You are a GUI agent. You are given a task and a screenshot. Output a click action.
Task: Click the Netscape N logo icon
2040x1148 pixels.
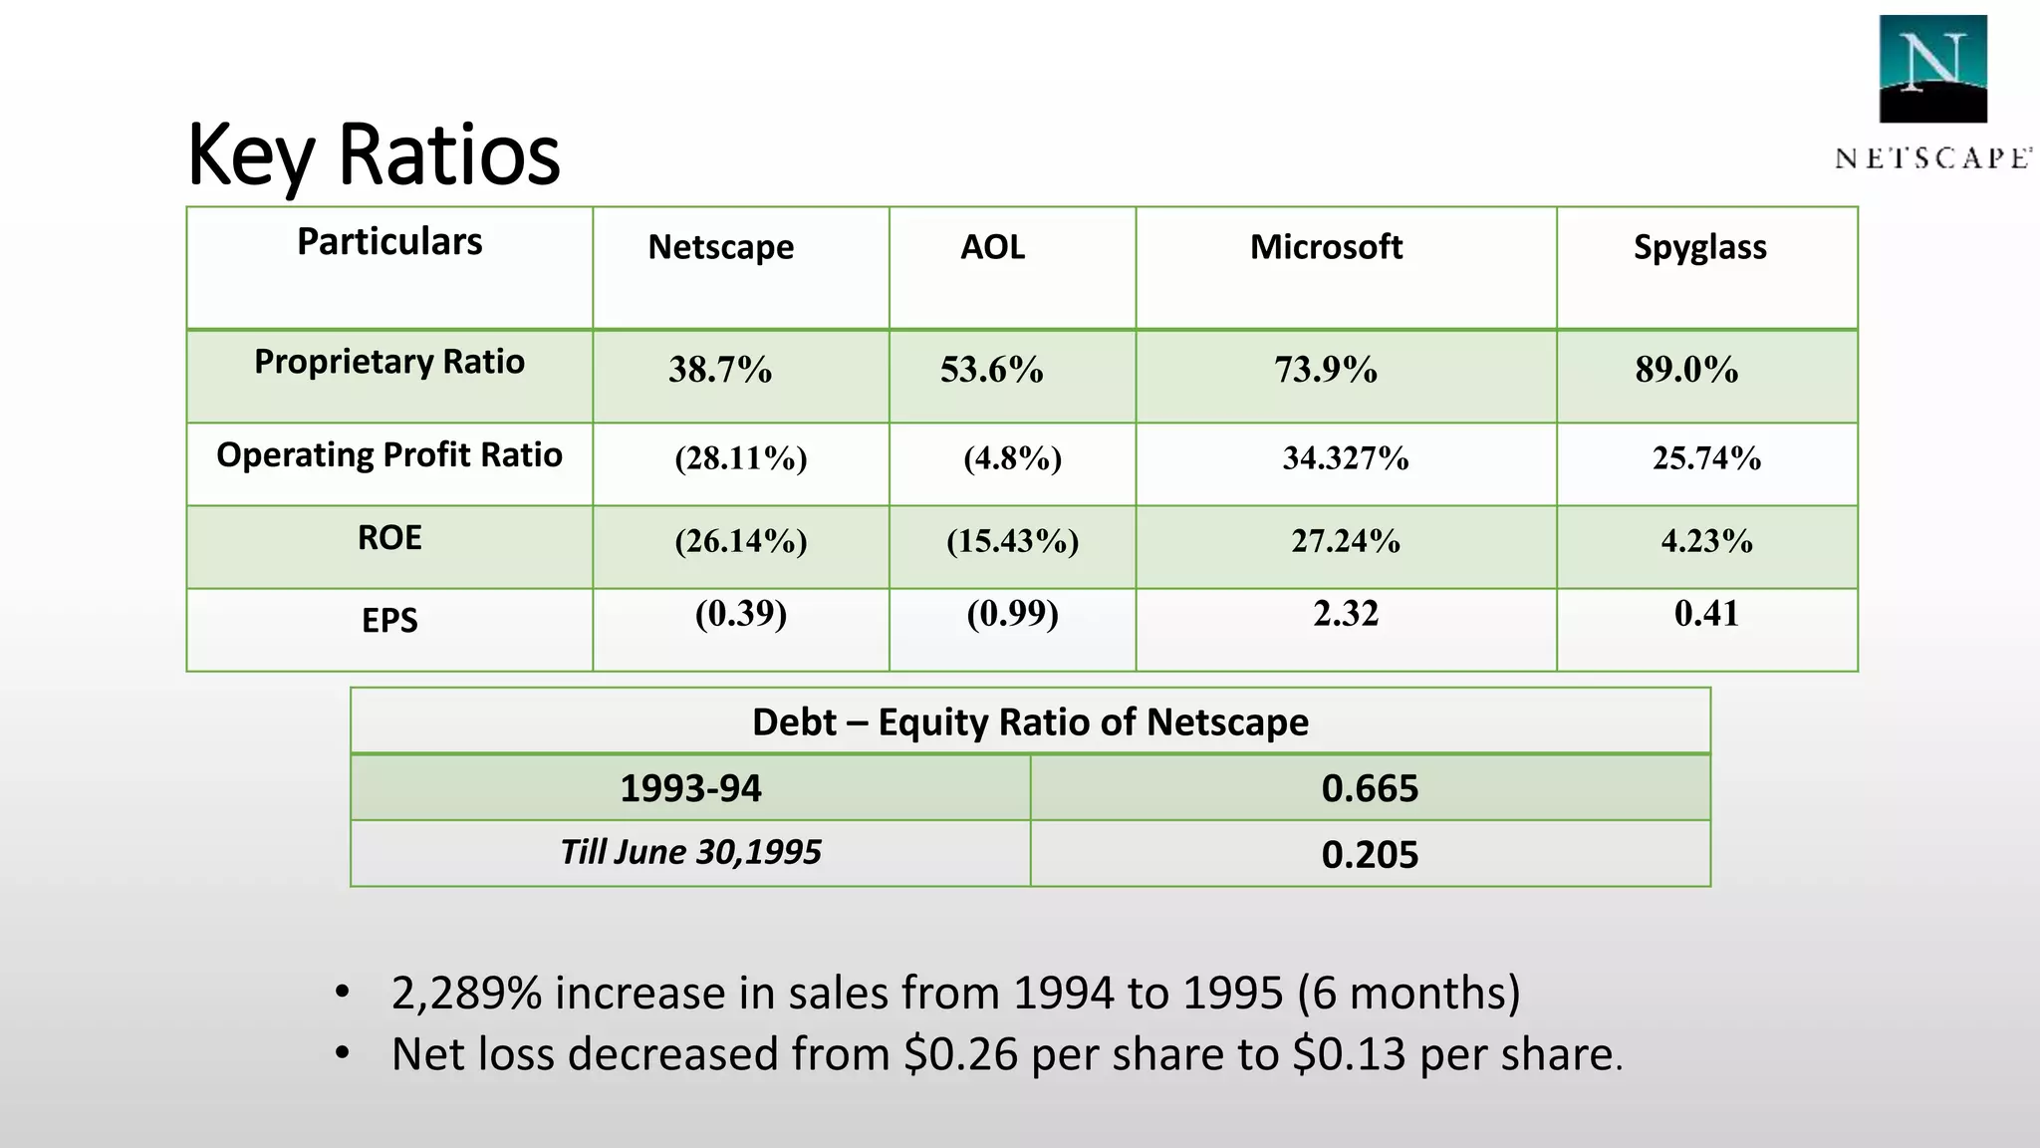(1932, 69)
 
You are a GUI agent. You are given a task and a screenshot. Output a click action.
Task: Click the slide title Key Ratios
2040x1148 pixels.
(374, 154)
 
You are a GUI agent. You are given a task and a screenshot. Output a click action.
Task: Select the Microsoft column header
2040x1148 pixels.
(1326, 246)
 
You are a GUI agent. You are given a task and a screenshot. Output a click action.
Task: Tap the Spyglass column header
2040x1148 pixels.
(1699, 246)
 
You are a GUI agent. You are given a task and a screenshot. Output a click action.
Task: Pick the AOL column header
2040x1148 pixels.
(992, 246)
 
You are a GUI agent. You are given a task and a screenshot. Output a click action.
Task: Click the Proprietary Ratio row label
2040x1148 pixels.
(389, 362)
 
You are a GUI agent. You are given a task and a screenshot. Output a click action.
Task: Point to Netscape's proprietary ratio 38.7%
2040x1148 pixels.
(719, 370)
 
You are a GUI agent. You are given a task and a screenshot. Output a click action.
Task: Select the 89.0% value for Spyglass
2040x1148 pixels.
(1685, 370)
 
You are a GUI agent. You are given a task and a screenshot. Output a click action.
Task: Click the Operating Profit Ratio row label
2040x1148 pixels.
(389, 454)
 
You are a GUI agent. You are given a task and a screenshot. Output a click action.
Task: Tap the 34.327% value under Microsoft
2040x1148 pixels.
(1345, 458)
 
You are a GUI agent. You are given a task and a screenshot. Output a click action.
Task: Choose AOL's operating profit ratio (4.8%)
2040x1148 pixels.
(1012, 458)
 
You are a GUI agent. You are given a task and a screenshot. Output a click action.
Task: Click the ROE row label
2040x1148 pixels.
(389, 538)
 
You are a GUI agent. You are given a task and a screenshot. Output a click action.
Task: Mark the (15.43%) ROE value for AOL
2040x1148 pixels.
(1012, 541)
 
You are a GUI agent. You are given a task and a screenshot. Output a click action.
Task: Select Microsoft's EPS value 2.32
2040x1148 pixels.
(1345, 613)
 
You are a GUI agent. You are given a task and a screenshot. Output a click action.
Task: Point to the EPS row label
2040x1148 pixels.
(389, 621)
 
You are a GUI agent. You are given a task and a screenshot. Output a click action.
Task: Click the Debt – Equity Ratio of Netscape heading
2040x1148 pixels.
(1030, 721)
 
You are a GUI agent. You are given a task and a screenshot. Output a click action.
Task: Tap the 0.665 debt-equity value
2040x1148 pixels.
(1370, 788)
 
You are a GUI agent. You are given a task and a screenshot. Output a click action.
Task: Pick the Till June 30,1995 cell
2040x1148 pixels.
(690, 852)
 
